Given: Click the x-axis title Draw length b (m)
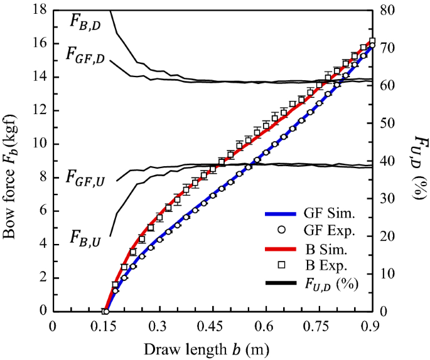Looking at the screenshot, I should coord(211,348).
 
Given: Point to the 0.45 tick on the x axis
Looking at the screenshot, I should coord(212,326).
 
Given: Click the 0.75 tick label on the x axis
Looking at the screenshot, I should coord(318,326).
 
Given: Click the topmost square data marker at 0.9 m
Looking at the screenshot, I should coord(372,41).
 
